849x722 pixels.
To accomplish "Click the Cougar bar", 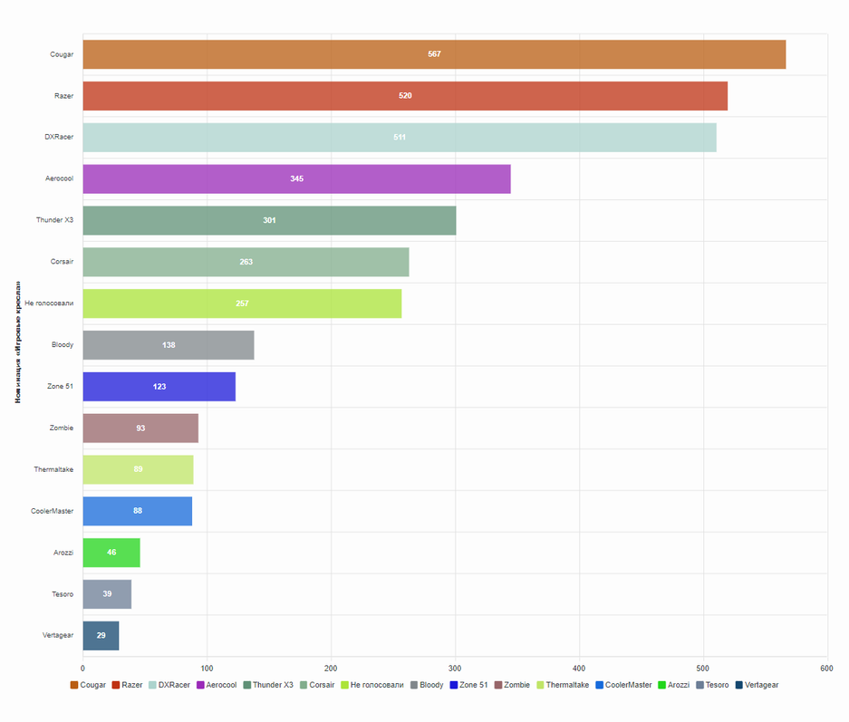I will coord(434,54).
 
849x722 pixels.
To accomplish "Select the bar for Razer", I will coord(405,96).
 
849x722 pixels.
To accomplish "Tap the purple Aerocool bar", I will coord(296,179).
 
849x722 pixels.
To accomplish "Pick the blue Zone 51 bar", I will coord(159,387).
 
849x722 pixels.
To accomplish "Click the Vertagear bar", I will coord(101,636).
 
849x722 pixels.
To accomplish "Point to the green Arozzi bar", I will coord(111,553).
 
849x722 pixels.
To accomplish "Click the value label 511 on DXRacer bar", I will coord(400,138).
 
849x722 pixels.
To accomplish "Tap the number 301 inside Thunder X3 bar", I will coord(269,221).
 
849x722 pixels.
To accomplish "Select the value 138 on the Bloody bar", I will coord(169,345).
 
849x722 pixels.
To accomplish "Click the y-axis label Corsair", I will coord(63,262).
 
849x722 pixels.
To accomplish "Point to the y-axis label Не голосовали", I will coord(49,303).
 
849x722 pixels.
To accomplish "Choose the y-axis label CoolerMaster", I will coord(53,511).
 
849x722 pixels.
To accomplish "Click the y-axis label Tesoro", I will coord(63,594).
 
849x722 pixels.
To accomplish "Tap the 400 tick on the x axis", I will coord(579,669).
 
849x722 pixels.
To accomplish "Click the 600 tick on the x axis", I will coord(826,669).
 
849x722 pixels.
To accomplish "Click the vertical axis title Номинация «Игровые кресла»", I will coord(17,345).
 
